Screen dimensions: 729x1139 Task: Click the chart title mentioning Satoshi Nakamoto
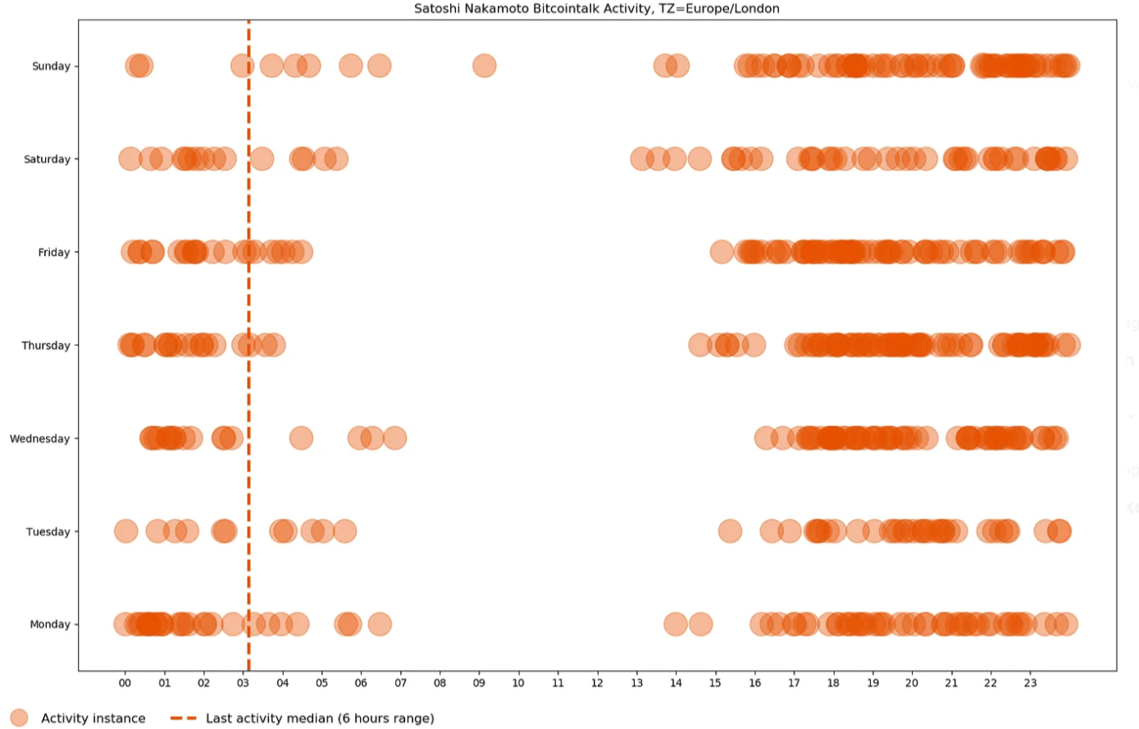click(x=596, y=9)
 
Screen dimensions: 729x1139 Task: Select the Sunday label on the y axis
click(x=51, y=66)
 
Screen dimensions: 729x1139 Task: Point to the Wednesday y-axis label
click(x=39, y=439)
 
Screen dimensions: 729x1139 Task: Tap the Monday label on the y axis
click(x=50, y=625)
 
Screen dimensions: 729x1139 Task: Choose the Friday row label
click(x=54, y=253)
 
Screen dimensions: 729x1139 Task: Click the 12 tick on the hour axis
click(x=597, y=682)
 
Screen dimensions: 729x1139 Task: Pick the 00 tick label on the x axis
click(x=125, y=682)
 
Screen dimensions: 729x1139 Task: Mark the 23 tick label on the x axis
click(x=1030, y=682)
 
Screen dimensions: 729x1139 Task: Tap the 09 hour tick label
click(x=479, y=682)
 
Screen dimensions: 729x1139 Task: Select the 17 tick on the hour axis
click(x=794, y=682)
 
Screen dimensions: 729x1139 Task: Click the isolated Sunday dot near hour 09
click(x=485, y=66)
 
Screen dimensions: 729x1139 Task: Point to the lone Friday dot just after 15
click(x=722, y=252)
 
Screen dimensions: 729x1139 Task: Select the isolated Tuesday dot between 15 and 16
click(x=730, y=531)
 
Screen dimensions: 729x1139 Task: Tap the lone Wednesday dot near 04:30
click(x=301, y=438)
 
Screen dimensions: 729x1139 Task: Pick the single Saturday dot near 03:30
click(x=262, y=159)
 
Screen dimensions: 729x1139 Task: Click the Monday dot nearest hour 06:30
click(x=380, y=625)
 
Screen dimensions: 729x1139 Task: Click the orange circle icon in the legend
click(x=19, y=718)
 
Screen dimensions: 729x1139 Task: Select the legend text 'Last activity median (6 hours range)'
click(x=320, y=718)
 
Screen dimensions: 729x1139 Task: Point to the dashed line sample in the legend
click(x=184, y=718)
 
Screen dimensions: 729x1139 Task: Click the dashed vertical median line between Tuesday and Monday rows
click(x=248, y=578)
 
